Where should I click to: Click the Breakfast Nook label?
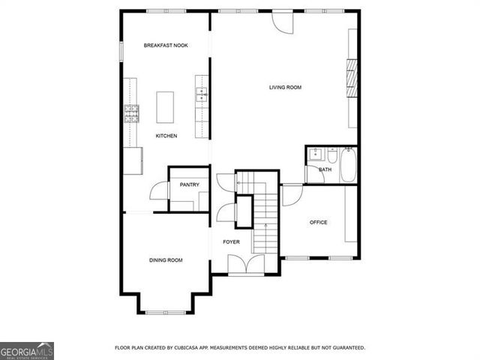click(166, 46)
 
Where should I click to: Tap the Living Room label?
click(285, 88)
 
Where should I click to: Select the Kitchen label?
click(166, 136)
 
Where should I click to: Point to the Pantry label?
click(189, 184)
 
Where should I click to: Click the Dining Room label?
click(166, 260)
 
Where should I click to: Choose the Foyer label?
click(231, 241)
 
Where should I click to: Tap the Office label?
click(319, 223)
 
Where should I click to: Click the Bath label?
click(325, 169)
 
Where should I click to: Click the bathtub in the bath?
click(349, 165)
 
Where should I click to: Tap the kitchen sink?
click(201, 94)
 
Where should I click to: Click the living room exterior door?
click(283, 22)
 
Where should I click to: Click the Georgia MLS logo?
click(27, 350)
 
